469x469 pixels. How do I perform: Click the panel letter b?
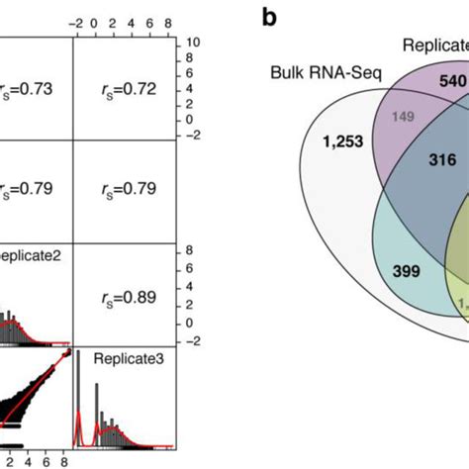pos(269,17)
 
